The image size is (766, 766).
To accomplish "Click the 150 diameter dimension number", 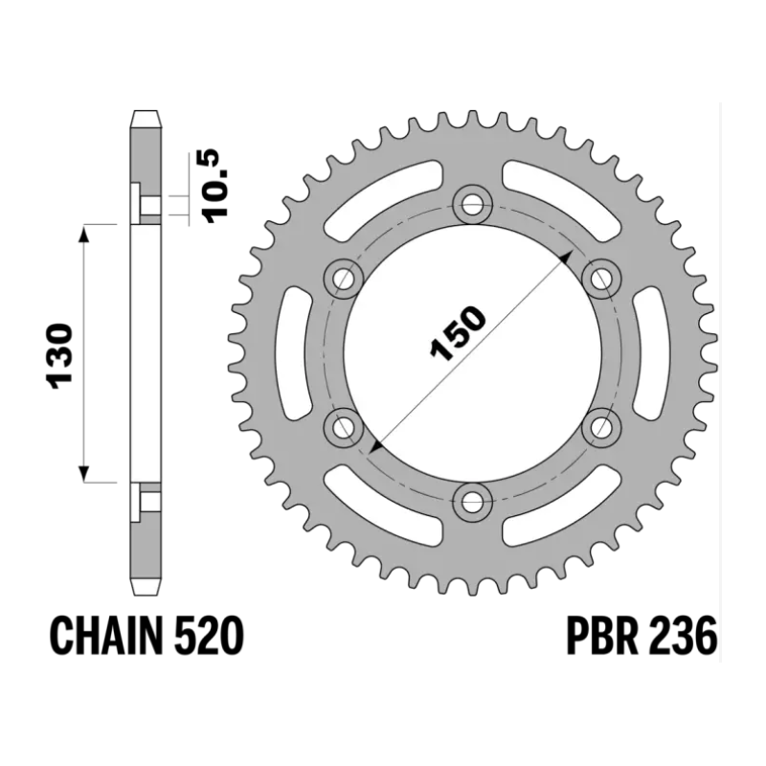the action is pyautogui.click(x=458, y=334).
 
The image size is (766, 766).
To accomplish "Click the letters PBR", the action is pyautogui.click(x=603, y=636).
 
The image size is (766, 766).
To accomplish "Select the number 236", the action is pyautogui.click(x=683, y=636).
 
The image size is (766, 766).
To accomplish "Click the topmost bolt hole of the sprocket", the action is pyautogui.click(x=472, y=205).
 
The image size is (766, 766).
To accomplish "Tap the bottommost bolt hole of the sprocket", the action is pyautogui.click(x=472, y=501).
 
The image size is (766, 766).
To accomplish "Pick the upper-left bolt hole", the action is pyautogui.click(x=344, y=279).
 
